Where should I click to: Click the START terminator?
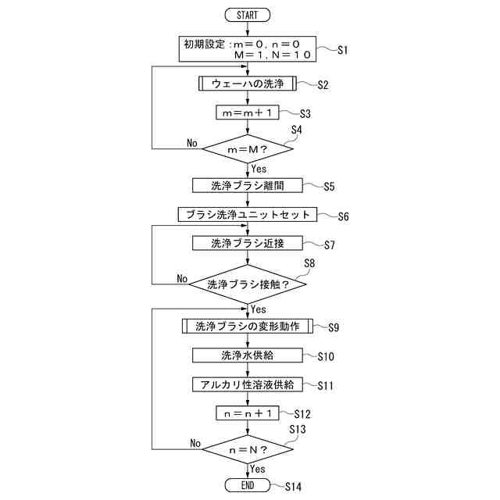[247, 15]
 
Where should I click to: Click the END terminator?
[247, 485]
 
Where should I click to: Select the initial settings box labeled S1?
[247, 50]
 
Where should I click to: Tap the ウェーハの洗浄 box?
[247, 84]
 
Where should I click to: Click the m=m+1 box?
[247, 113]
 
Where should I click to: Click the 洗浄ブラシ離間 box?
[247, 185]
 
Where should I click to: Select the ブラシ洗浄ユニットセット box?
[247, 214]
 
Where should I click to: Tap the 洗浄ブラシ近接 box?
[247, 243]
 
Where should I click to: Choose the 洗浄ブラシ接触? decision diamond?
[247, 284]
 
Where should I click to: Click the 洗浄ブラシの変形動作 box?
[247, 327]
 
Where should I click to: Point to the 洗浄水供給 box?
[247, 355]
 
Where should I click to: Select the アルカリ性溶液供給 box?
[247, 384]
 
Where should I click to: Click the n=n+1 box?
[247, 413]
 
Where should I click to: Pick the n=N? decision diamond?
[247, 450]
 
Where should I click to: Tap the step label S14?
[292, 487]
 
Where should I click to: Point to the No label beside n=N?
[195, 443]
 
